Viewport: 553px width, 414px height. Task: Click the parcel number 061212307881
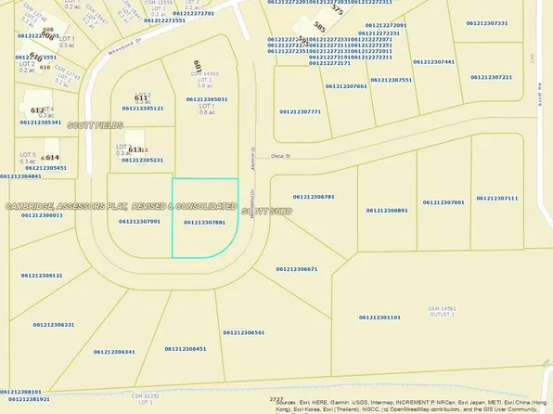click(x=204, y=222)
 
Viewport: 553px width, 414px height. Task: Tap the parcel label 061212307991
click(x=140, y=221)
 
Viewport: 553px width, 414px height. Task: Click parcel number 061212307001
click(x=444, y=201)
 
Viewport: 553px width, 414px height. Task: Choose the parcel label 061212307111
click(x=497, y=198)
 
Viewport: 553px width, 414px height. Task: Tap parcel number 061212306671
click(x=297, y=269)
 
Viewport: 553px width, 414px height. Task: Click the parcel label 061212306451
click(x=186, y=348)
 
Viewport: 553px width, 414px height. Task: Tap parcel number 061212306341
click(x=115, y=352)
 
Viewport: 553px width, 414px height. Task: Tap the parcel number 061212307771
click(x=300, y=111)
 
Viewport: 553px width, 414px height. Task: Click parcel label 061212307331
click(x=487, y=22)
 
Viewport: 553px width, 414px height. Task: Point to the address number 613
click(x=136, y=149)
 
